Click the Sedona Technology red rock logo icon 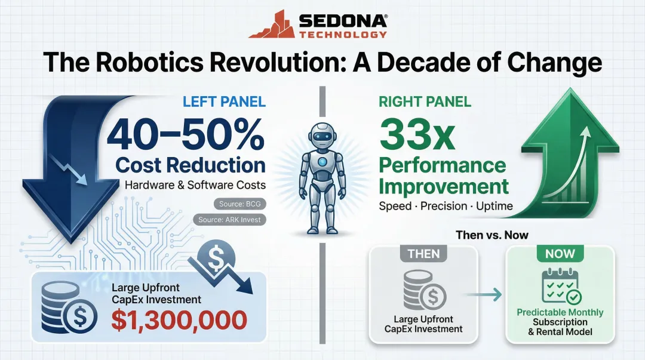coord(272,24)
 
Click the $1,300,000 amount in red coord(179,319)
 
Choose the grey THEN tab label coord(423,253)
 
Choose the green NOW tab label coord(560,253)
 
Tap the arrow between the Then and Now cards coord(483,293)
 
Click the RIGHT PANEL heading coord(425,102)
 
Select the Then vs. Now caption coord(492,235)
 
